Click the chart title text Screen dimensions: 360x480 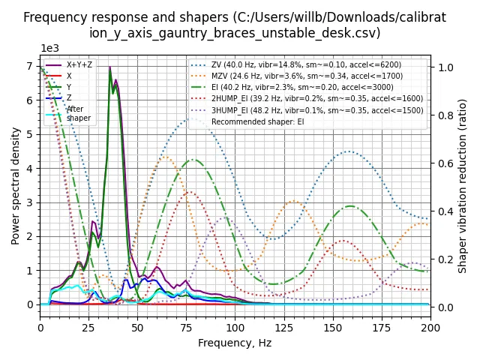[x=235, y=25]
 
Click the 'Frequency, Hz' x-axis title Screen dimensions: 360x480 [x=235, y=343]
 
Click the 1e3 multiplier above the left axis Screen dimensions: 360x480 [x=50, y=48]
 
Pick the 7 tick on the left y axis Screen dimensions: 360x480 [x=28, y=66]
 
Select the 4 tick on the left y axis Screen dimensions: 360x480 [x=28, y=168]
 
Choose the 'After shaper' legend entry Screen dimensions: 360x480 [x=78, y=113]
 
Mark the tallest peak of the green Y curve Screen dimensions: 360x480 [x=110, y=70]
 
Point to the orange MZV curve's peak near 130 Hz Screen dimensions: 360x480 [x=294, y=201]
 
